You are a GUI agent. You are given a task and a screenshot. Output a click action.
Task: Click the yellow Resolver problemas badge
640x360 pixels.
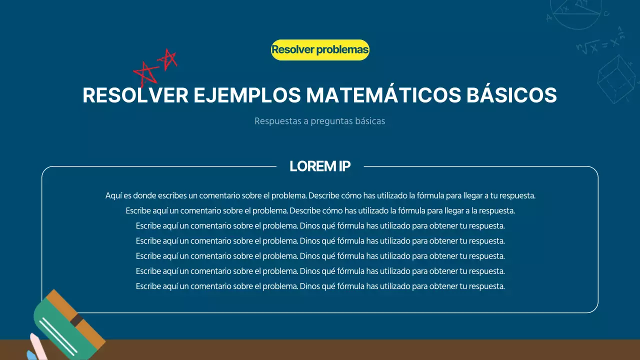(320, 50)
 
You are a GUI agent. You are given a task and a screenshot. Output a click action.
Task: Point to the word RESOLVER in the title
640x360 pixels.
(135, 95)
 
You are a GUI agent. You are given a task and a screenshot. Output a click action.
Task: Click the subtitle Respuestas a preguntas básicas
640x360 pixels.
(319, 121)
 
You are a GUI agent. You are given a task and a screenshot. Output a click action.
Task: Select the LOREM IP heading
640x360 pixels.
(320, 166)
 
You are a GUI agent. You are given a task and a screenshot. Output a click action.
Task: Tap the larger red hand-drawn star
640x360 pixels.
(145, 74)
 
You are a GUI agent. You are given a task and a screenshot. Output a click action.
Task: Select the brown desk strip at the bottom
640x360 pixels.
(350, 350)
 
